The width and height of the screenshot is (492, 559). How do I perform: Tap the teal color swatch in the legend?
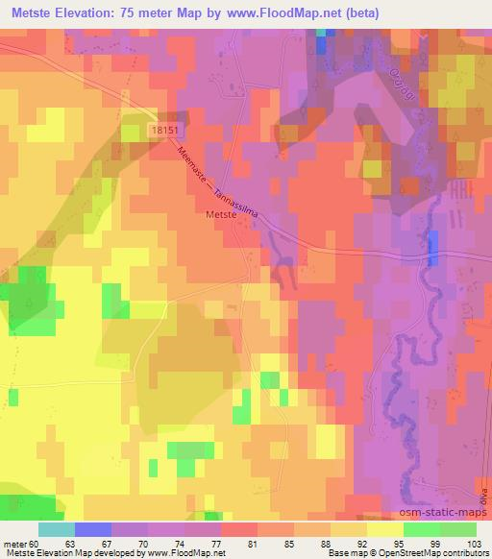point(57,529)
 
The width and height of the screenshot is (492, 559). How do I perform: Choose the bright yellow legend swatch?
point(384,529)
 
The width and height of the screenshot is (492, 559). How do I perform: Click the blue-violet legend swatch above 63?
point(93,529)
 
